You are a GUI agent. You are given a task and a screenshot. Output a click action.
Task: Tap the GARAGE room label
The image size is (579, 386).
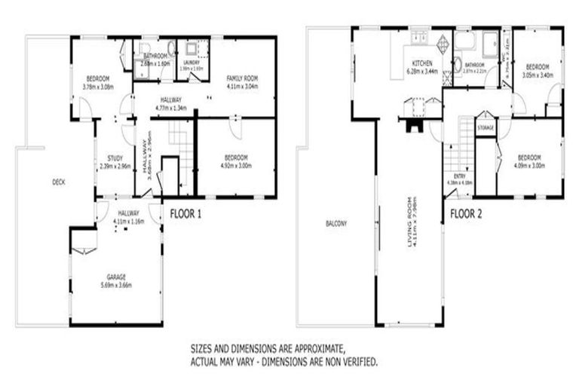(x=116, y=277)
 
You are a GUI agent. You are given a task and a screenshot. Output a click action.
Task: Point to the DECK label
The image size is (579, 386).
(x=59, y=182)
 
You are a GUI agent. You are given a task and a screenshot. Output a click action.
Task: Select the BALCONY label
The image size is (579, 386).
(x=336, y=224)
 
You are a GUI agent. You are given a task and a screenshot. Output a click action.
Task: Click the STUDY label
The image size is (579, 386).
(x=115, y=158)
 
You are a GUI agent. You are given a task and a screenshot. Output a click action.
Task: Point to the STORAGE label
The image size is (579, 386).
(x=486, y=129)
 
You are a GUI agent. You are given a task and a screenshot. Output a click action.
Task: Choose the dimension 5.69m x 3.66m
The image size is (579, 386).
(x=116, y=286)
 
